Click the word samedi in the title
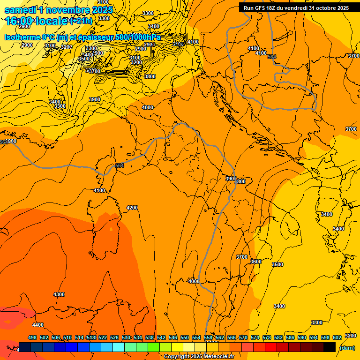pos(21,10)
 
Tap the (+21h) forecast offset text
pos(81,21)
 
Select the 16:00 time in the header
pos(19,21)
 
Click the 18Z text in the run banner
pos(277,8)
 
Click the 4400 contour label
pos(37,325)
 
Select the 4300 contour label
pos(59,294)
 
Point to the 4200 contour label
pos(132,208)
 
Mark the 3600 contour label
pos(255,262)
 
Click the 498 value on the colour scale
pos(32,337)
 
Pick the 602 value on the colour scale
pos(337,337)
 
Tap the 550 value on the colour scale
pos(185,337)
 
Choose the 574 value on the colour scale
pos(255,337)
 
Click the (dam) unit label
pos(347,347)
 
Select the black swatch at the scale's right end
pos(330,347)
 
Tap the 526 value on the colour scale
pos(114,337)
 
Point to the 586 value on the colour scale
pos(290,337)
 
